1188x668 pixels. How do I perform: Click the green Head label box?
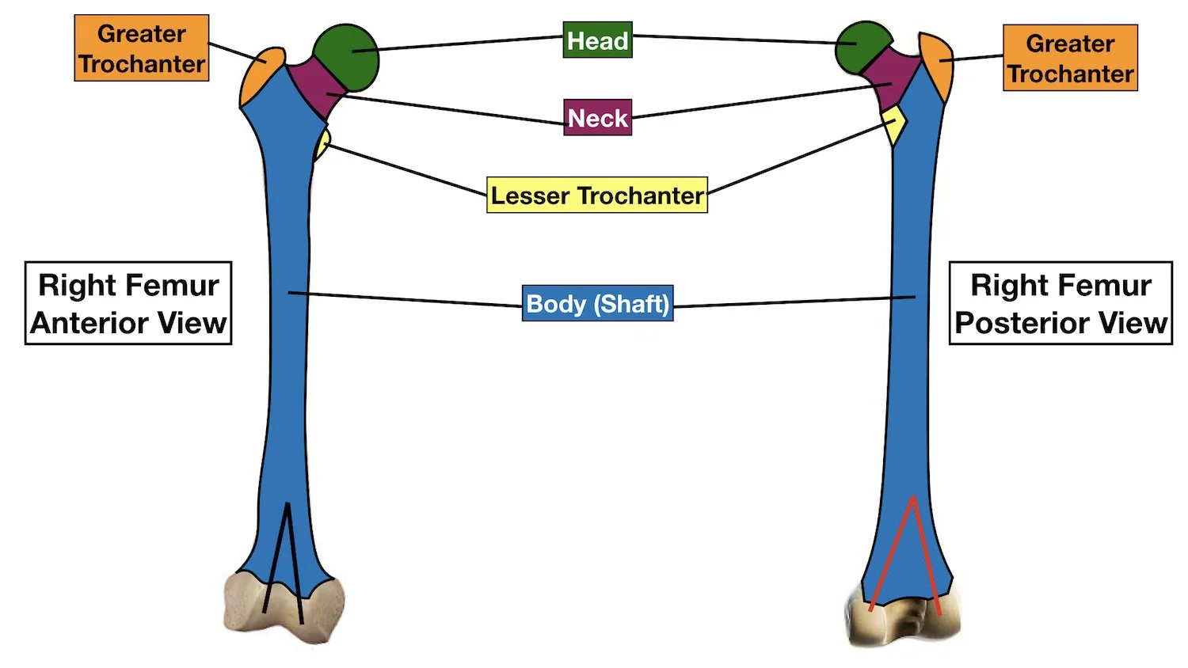coord(597,40)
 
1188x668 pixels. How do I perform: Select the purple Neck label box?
coord(597,118)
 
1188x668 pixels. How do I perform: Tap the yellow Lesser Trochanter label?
coord(596,195)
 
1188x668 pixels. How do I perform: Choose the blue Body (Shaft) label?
coord(597,303)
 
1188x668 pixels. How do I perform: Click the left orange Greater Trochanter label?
coord(142,48)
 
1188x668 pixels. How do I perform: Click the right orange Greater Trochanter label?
coord(1070,58)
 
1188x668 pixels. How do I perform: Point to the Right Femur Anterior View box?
coord(128,303)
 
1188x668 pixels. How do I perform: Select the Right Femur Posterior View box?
coord(1060,303)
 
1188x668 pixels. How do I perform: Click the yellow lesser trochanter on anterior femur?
coord(322,145)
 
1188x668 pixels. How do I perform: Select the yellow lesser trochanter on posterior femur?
coord(894,125)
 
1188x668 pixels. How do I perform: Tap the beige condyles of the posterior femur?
coord(903,621)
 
